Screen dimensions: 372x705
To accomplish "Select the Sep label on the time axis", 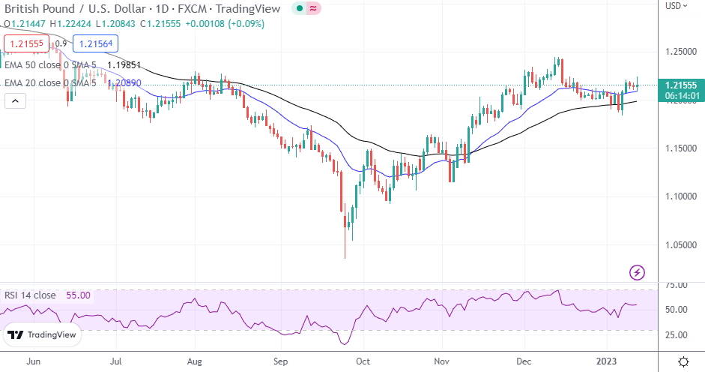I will click(x=281, y=361).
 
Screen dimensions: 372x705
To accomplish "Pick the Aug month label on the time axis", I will click(x=195, y=361).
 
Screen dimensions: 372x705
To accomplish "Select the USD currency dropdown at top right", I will click(x=676, y=6).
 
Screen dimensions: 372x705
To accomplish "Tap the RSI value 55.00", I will click(x=78, y=295).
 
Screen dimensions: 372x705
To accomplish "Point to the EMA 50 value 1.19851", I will click(x=125, y=65).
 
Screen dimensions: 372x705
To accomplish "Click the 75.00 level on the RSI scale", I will click(x=677, y=286).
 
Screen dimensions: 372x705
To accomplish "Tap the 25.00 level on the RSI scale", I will click(x=677, y=334).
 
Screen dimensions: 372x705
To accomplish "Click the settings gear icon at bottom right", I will click(x=683, y=361).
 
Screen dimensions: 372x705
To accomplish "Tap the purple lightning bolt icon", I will click(x=637, y=271).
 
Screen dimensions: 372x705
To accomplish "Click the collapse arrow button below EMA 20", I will click(x=15, y=100).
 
